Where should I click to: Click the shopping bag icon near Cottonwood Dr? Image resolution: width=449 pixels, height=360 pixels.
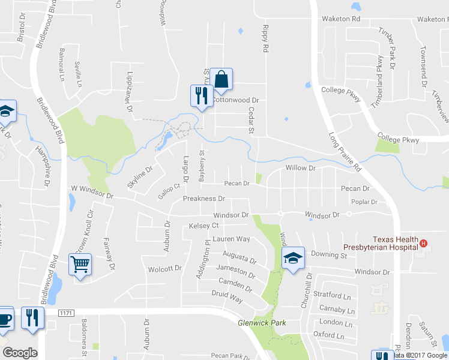pyautogui.click(x=221, y=80)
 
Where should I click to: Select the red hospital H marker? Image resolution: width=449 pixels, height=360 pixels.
pyautogui.click(x=424, y=244)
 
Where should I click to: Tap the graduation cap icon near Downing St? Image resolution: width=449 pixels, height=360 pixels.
pyautogui.click(x=293, y=258)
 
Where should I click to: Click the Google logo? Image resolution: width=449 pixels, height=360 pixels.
pyautogui.click(x=20, y=353)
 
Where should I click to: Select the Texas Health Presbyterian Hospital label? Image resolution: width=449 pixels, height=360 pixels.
pyautogui.click(x=396, y=242)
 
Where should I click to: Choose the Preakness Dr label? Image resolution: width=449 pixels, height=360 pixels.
pyautogui.click(x=203, y=199)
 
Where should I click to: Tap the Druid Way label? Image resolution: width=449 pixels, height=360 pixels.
pyautogui.click(x=227, y=296)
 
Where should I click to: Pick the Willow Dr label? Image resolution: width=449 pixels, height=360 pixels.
pyautogui.click(x=300, y=169)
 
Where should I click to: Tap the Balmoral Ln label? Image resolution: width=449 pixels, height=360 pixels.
pyautogui.click(x=61, y=64)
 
